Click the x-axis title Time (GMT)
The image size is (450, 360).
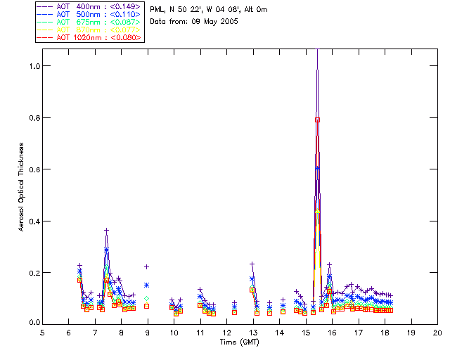(x=239, y=342)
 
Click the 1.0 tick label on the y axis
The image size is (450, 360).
(x=33, y=66)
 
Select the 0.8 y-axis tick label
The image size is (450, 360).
(x=33, y=118)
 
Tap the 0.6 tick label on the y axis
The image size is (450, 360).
(x=33, y=169)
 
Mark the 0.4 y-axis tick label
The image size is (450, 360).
(x=33, y=221)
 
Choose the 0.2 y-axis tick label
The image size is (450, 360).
(x=33, y=272)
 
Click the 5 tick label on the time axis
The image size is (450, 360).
(x=42, y=332)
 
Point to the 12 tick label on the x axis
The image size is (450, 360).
(x=226, y=332)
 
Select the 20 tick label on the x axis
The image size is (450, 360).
(x=437, y=332)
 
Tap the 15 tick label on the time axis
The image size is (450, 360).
(x=306, y=332)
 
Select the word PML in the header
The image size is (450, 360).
(x=157, y=10)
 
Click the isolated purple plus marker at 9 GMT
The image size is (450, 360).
(x=146, y=267)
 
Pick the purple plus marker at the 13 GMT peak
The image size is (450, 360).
(x=252, y=264)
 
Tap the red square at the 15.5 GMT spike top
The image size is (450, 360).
(x=318, y=120)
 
